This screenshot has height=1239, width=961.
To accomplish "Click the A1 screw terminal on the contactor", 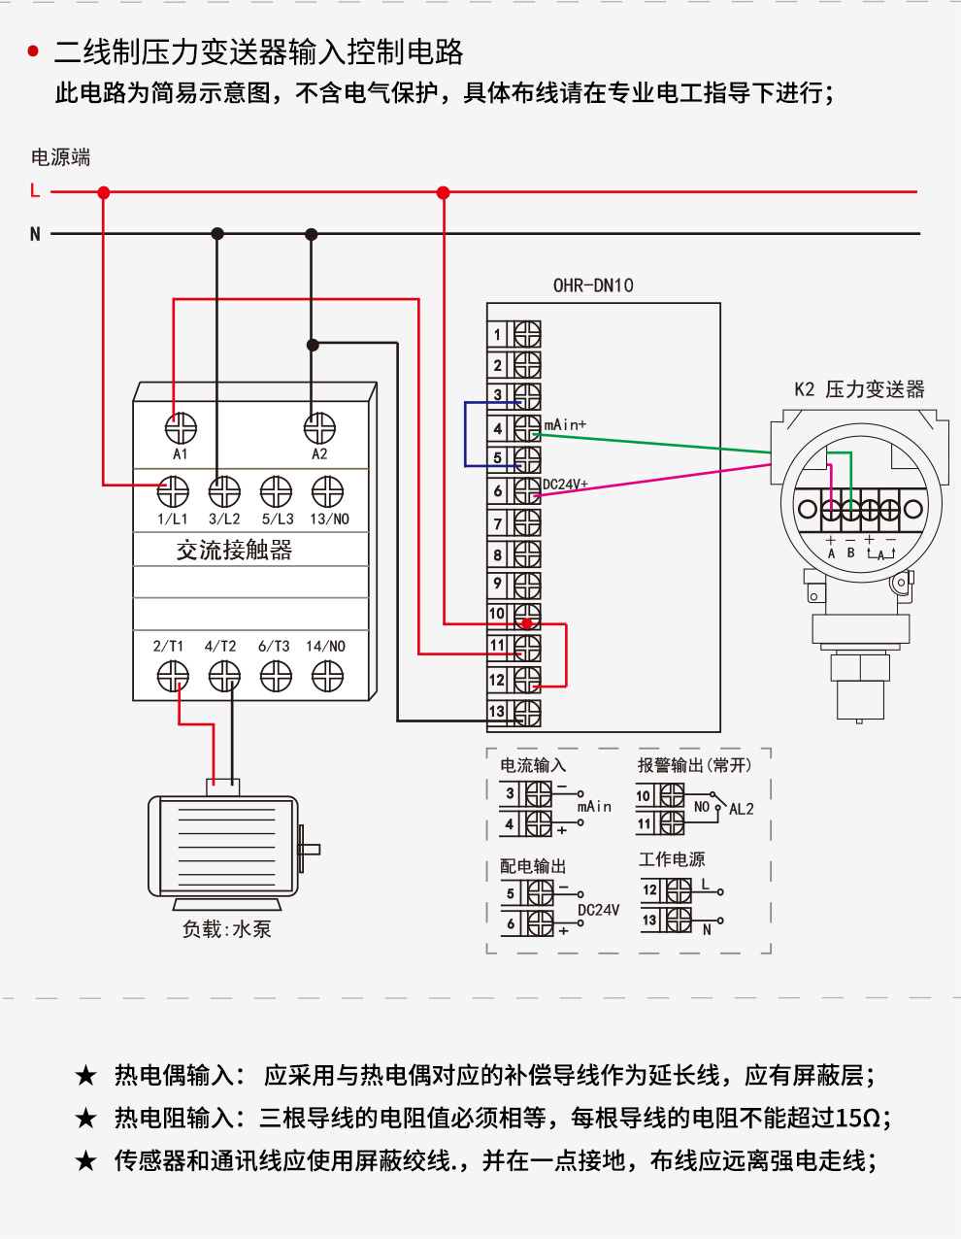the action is pos(181,428).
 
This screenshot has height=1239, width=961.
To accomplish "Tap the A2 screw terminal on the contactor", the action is pos(319,428).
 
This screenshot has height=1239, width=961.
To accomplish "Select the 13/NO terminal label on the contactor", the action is pos(329,519).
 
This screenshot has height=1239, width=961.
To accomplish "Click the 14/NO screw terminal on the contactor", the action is pos(327,676).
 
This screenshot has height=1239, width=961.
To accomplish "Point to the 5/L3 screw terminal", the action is pos(276,492).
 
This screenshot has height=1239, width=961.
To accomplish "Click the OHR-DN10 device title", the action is pos(593,285).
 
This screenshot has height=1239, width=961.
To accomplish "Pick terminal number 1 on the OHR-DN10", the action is pos(497,334).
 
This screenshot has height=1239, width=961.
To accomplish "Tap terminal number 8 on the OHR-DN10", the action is pos(497,554).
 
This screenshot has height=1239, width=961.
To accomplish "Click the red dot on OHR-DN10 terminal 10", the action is pos(527,623).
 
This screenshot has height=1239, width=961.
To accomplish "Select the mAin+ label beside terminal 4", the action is pos(565,424).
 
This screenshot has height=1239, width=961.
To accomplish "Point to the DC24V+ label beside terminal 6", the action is pos(565,485).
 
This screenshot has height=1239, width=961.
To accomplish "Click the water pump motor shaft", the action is pos(311,849).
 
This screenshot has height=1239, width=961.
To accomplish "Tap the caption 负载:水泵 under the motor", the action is pos(226,929).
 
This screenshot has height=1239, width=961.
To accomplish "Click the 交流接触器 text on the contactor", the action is pos(234,551).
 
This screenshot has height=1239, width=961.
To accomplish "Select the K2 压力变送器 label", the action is pos(859,389).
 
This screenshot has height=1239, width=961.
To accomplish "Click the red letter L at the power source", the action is pos(35,190).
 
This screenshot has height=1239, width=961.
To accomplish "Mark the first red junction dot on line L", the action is pos(103,192).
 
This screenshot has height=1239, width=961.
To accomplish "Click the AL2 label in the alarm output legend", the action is pos(742,809).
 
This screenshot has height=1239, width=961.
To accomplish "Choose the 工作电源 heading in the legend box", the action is pos(672,859).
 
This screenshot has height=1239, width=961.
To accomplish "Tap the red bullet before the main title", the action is pos(33,51).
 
